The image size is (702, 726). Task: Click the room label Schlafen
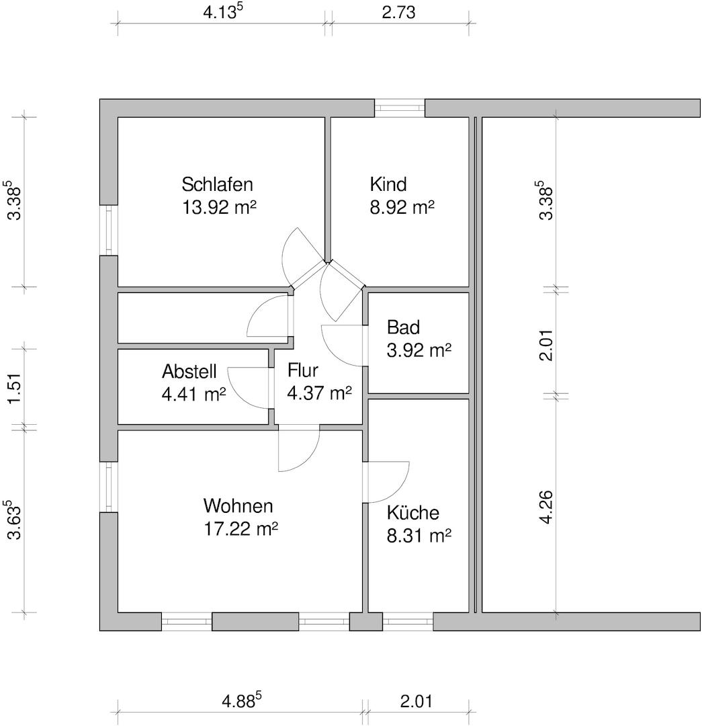217,184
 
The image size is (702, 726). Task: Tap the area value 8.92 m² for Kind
402,207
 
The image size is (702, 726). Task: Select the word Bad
403,327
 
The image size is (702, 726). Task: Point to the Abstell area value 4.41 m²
193,394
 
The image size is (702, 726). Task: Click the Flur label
302,370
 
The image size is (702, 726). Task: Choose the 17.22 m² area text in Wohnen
240,529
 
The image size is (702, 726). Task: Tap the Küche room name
412,513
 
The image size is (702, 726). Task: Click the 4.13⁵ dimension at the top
222,12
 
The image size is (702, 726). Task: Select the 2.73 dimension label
398,12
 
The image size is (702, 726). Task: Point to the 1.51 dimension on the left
14,388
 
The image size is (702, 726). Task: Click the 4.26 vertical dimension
546,508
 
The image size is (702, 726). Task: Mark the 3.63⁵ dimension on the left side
14,519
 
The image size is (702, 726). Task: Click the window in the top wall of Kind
400,108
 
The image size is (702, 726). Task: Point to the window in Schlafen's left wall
109,230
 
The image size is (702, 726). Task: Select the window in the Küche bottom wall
408,622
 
